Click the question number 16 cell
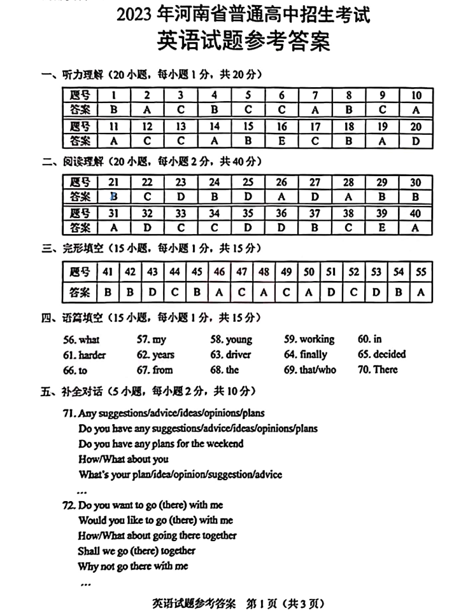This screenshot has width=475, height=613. [x=282, y=127]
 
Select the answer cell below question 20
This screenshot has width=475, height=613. [x=416, y=141]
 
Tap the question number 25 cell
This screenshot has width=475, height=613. [x=248, y=183]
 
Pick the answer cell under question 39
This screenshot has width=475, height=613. [x=383, y=228]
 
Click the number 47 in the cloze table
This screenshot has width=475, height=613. [x=241, y=272]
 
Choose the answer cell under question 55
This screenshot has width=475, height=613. [x=420, y=293]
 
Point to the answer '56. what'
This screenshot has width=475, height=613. [x=81, y=340]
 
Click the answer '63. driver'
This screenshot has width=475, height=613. [x=230, y=355]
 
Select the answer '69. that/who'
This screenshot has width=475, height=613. [x=310, y=370]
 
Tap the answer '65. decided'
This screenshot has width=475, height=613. [x=381, y=355]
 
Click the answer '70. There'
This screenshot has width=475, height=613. [x=378, y=370]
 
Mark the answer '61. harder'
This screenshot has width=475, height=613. [x=85, y=355]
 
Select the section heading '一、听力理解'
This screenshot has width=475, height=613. [x=70, y=75]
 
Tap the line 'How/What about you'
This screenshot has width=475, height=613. [x=124, y=459]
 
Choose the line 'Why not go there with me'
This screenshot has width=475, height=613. [x=133, y=566]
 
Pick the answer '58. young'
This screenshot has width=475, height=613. [x=231, y=340]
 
